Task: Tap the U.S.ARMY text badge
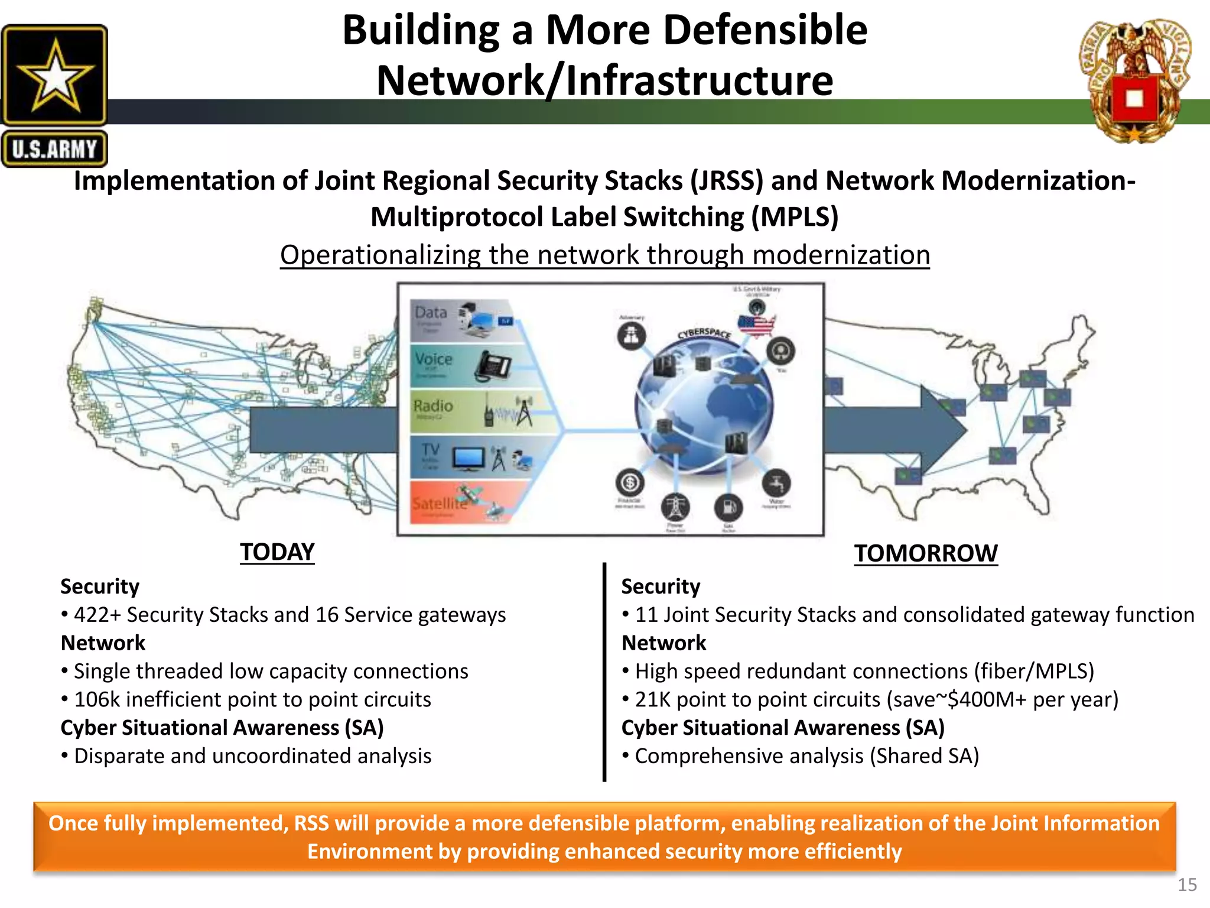pos(54,149)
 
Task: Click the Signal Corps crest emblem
pos(1134,83)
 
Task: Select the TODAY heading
pos(277,552)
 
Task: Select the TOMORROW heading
pos(925,554)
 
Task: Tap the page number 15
pos(1187,885)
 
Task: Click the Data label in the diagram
pos(431,312)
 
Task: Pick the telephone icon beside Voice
pos(493,366)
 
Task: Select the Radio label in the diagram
pos(432,406)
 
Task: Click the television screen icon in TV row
pos(469,458)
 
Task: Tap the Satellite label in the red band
pos(438,504)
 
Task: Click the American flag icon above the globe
pos(756,325)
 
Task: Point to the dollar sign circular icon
pos(630,484)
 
